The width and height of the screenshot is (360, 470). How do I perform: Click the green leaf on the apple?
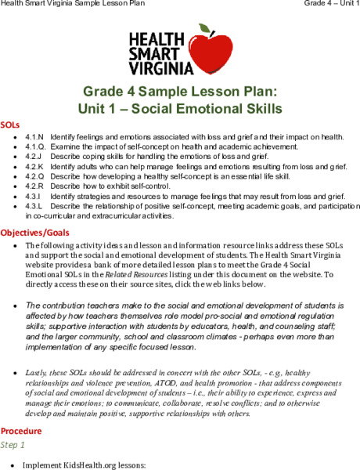pos(205,29)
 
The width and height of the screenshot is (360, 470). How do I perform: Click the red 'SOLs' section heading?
pos(11,125)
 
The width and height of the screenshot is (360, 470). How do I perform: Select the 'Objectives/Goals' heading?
pos(36,233)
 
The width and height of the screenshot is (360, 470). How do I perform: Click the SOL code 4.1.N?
pos(34,136)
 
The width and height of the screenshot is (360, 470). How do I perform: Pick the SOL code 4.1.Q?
pos(34,146)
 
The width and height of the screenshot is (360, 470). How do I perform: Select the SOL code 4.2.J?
pos(34,157)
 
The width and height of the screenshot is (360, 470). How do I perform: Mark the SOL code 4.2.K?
pos(34,166)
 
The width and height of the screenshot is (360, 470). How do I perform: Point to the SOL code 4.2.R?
pos(34,186)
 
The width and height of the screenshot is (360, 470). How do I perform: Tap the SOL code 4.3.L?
pos(33,205)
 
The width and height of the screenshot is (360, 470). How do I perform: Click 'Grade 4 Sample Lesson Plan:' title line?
pos(180,91)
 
